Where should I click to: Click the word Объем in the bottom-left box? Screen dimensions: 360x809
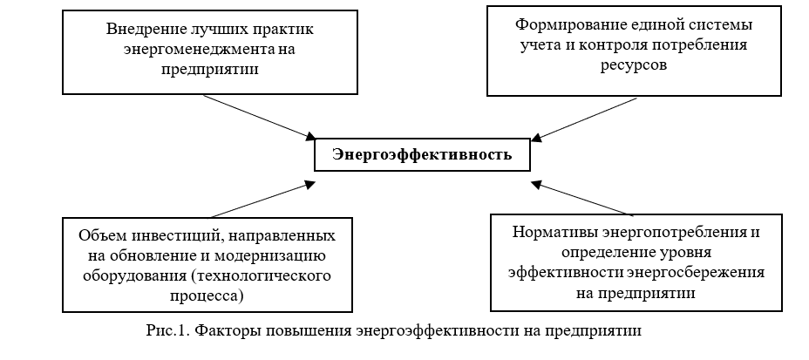(x=99, y=236)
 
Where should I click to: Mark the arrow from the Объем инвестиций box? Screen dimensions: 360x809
(x=259, y=199)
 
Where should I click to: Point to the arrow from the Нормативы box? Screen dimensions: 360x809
(x=582, y=199)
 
